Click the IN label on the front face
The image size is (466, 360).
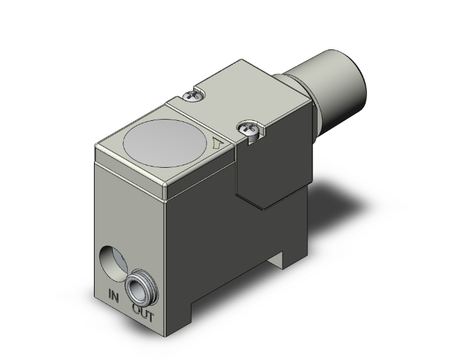tap(113, 293)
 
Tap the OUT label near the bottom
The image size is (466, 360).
tap(143, 308)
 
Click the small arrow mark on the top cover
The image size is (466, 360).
tap(217, 143)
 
